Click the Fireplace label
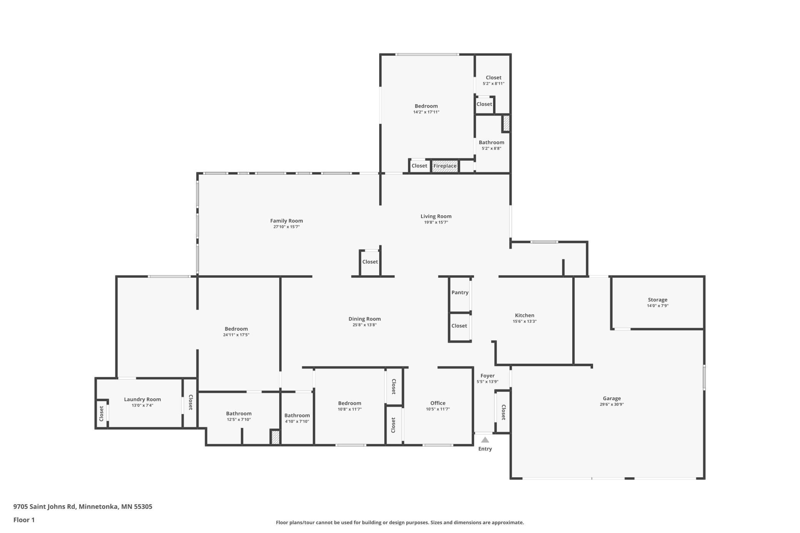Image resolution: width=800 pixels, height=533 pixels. tap(445, 166)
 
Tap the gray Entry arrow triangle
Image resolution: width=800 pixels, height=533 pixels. tap(485, 440)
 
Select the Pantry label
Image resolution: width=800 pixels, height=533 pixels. tap(460, 293)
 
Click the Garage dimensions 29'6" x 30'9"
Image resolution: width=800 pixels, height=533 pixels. tap(612, 405)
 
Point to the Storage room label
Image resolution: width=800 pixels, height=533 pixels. tap(657, 300)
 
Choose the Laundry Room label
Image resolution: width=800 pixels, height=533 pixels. tap(142, 400)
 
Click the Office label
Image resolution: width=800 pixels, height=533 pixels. tap(438, 403)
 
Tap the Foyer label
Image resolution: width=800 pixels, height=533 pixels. tap(487, 376)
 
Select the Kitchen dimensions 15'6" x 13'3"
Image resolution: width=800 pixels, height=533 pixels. tap(524, 321)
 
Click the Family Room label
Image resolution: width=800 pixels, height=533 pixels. tap(287, 221)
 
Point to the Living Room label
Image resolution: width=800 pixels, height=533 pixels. tap(436, 217)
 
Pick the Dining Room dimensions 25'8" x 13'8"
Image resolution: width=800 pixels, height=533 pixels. tap(364, 325)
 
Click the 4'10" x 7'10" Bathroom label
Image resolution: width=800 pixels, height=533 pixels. tap(297, 416)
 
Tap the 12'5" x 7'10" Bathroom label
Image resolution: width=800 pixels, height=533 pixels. tap(238, 414)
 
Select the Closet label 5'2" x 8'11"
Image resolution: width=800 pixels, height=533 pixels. tap(493, 78)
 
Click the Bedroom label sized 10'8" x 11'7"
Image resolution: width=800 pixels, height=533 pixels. tap(350, 403)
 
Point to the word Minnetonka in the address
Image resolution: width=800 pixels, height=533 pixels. tap(98, 506)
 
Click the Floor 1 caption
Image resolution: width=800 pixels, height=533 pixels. tap(24, 520)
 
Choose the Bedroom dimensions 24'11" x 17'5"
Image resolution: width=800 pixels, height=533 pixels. tap(236, 335)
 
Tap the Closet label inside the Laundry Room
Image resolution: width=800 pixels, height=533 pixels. tap(102, 413)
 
